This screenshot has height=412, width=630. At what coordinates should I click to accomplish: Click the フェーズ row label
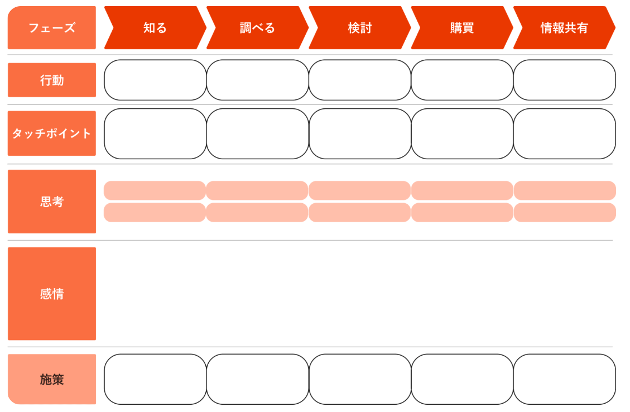click(52, 28)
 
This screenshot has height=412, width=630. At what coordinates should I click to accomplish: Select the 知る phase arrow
click(155, 28)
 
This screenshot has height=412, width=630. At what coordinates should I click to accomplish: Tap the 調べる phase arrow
click(258, 28)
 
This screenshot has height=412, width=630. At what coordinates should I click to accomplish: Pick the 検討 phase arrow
click(360, 28)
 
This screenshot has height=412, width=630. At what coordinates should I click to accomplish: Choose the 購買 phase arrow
click(462, 28)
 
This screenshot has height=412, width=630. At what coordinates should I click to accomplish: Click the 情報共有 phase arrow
click(565, 28)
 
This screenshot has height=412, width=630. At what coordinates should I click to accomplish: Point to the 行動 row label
click(52, 80)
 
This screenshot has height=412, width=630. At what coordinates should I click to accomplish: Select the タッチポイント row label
click(52, 133)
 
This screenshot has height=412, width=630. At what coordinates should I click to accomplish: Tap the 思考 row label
click(52, 202)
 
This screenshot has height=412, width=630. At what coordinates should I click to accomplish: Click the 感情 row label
click(52, 294)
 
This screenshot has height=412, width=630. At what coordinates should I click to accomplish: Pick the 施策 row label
click(52, 379)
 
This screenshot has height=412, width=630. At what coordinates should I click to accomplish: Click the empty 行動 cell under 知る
click(155, 80)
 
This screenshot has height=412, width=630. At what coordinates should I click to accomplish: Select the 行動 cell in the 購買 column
click(462, 80)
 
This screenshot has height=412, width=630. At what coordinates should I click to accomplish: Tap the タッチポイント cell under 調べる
click(258, 133)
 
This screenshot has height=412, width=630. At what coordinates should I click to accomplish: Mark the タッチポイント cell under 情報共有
click(565, 133)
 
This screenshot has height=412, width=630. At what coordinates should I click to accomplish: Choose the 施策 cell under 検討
click(360, 379)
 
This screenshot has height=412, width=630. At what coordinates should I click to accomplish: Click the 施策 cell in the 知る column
click(155, 379)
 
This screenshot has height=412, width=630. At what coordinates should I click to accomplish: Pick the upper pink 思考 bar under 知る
click(155, 190)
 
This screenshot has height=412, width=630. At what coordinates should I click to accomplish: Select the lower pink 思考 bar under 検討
click(359, 212)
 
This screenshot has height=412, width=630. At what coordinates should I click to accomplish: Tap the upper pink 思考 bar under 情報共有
click(565, 190)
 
